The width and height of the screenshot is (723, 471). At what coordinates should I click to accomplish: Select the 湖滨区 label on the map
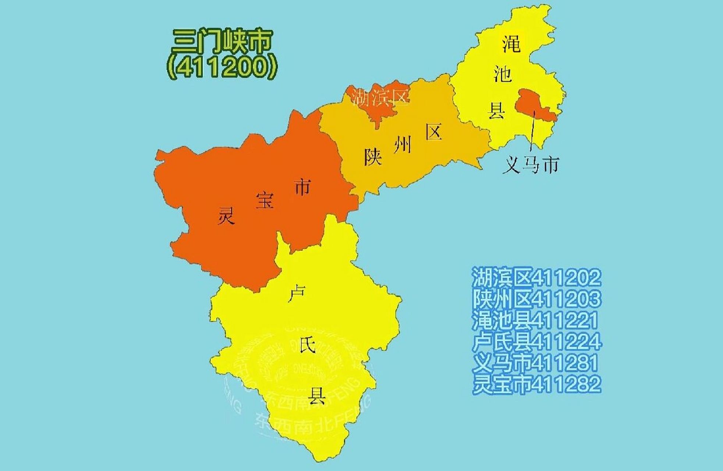[379, 97]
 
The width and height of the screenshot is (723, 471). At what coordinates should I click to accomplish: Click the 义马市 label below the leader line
[531, 165]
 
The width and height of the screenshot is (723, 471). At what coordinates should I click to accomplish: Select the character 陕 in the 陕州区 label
[373, 157]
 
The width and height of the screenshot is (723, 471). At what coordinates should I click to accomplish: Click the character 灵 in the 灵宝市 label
[226, 215]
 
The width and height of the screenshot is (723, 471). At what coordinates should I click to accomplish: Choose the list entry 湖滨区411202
[536, 277]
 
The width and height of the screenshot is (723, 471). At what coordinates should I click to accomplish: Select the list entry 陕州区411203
[536, 299]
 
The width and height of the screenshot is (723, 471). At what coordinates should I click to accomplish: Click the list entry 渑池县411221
[535, 320]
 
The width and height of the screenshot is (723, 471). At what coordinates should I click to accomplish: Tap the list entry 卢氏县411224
[536, 341]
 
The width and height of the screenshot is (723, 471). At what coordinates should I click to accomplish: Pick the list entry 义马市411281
[535, 363]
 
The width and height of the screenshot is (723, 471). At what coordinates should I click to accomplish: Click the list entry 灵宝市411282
[536, 384]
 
